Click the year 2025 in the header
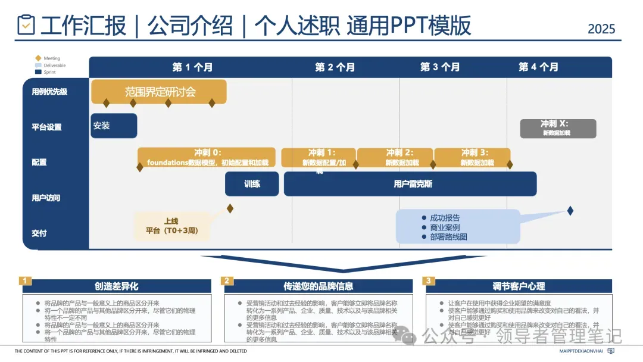tap(601, 28)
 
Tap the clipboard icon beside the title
tap(26, 25)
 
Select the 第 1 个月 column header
tap(192, 67)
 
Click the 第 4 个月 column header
tap(538, 67)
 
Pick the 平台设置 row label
tap(46, 127)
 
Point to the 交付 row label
tap(39, 233)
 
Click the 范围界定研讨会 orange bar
tap(160, 92)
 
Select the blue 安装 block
tap(113, 126)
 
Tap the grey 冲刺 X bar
tap(558, 128)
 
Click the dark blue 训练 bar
tap(252, 184)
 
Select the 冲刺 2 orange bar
tap(395, 157)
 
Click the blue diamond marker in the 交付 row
tap(570, 210)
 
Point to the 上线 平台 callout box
tap(171, 226)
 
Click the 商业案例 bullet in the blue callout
tap(444, 227)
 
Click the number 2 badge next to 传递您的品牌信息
tap(227, 280)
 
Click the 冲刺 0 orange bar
tap(207, 157)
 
